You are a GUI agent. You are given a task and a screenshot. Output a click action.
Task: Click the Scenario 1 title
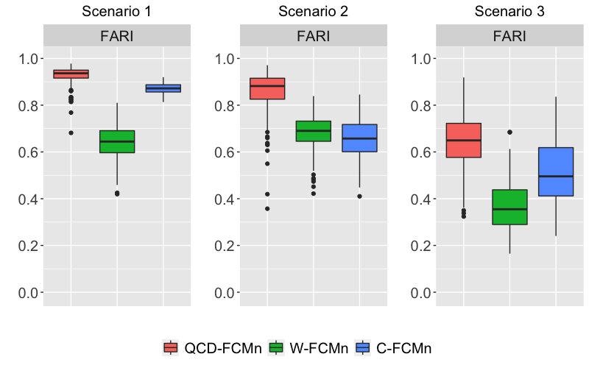click(117, 12)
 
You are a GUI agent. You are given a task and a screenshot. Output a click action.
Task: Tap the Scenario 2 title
click(313, 12)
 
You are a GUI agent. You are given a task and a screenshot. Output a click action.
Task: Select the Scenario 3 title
click(509, 12)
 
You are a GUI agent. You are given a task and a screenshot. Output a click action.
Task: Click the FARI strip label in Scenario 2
click(313, 36)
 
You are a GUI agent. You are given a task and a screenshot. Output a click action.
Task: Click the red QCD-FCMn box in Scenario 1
click(71, 74)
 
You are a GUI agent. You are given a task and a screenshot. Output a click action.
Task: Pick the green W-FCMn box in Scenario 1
click(117, 141)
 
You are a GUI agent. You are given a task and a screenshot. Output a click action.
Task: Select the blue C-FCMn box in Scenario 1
click(163, 88)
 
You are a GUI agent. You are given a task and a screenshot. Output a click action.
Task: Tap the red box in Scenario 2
click(267, 88)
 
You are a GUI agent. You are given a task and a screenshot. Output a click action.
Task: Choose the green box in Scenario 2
click(313, 131)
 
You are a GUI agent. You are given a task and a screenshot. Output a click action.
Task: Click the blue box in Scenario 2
click(359, 138)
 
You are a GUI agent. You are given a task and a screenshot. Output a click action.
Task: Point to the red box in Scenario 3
click(464, 140)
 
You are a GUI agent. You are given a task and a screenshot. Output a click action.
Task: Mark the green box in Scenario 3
click(509, 207)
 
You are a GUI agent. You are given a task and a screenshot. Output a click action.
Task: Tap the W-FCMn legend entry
click(308, 348)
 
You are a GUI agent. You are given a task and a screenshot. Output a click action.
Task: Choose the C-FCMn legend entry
click(393, 348)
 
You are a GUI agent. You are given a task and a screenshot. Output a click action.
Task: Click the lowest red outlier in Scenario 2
click(267, 208)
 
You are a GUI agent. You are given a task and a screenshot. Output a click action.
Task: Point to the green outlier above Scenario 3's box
click(509, 132)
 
